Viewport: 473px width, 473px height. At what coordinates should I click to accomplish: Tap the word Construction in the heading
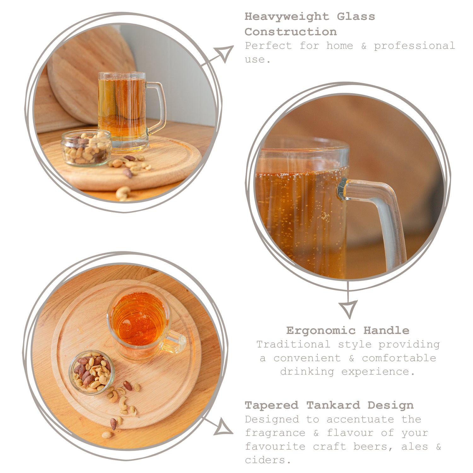290,32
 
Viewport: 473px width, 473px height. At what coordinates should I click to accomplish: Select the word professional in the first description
414,46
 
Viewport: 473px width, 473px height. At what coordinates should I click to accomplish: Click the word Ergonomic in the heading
321,330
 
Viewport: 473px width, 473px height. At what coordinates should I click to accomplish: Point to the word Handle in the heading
386,330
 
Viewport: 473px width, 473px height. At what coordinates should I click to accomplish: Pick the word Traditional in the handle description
293,344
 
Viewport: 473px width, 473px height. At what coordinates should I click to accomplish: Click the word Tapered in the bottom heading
272,405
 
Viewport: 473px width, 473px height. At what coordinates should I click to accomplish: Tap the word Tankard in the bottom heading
333,405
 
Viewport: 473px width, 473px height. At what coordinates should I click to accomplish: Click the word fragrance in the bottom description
275,433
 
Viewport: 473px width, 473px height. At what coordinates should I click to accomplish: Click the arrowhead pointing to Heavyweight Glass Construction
225,53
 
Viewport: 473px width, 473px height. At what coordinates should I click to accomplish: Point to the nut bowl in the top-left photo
86,148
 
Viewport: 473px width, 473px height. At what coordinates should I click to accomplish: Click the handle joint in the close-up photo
342,189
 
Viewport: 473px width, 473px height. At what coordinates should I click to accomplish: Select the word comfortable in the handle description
399,358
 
